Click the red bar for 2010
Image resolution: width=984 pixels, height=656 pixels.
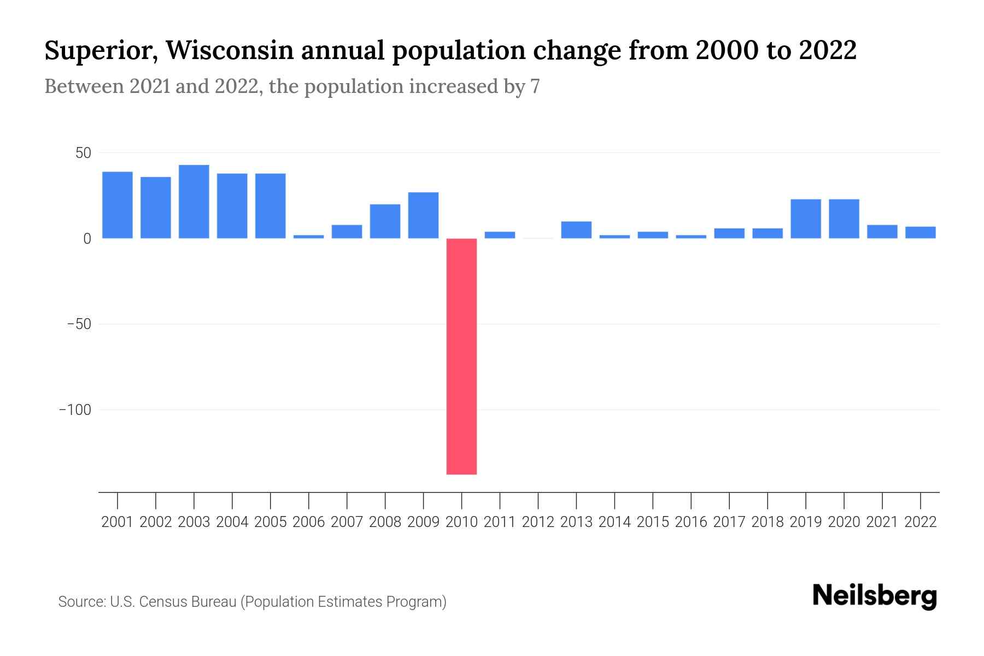click(461, 356)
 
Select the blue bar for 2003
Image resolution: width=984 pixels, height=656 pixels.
click(194, 202)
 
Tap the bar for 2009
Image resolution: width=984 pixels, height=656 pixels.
click(423, 215)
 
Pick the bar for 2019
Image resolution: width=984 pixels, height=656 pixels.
click(806, 219)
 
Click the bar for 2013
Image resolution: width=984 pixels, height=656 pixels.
click(576, 230)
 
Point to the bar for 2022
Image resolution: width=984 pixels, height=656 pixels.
click(921, 233)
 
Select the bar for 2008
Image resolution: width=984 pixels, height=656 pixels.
click(385, 221)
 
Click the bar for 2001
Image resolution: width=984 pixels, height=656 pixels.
click(118, 205)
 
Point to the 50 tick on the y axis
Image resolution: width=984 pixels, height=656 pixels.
click(83, 153)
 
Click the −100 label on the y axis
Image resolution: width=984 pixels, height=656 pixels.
click(75, 410)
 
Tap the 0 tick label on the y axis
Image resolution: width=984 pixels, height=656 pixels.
click(87, 239)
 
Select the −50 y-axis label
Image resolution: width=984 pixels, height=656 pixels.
click(79, 324)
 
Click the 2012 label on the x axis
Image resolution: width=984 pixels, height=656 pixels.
click(538, 522)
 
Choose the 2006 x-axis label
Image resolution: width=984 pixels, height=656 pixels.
click(309, 522)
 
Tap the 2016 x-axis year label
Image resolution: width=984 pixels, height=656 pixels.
click(691, 522)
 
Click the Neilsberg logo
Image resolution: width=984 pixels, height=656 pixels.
click(875, 596)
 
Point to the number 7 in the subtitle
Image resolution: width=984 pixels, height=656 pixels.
click(535, 86)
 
